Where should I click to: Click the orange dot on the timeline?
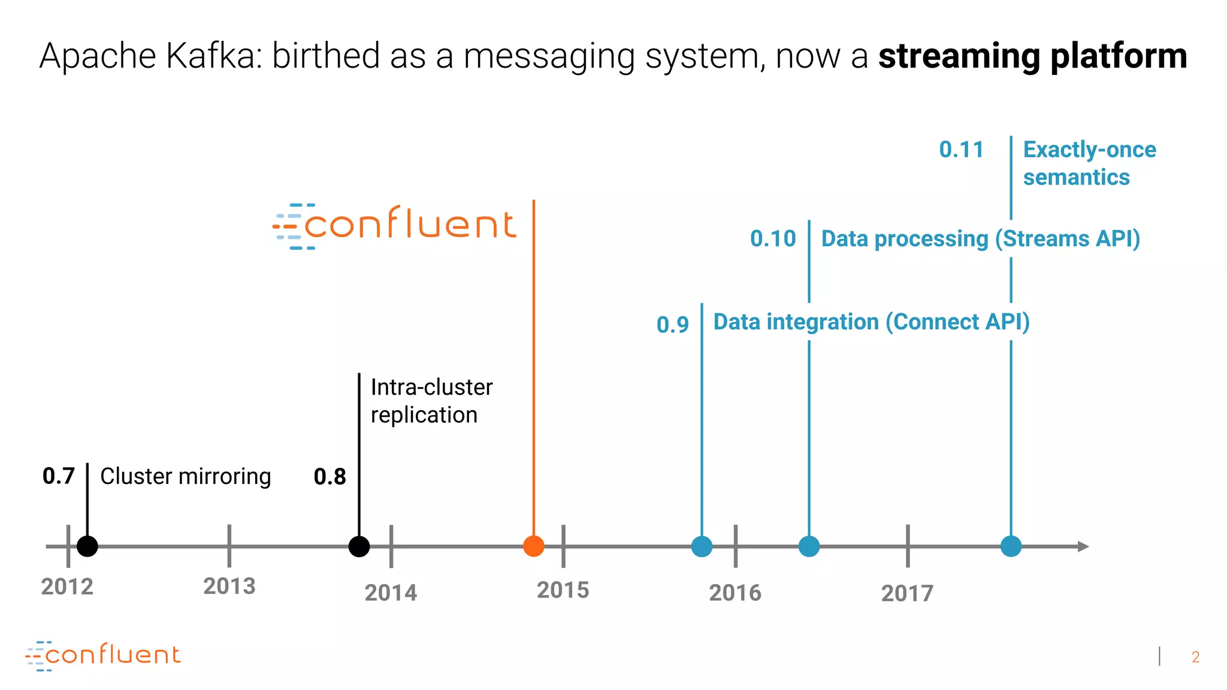(533, 546)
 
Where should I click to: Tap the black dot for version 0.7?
(87, 546)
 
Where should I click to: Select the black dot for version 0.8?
(359, 546)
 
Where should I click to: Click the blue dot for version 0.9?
(702, 546)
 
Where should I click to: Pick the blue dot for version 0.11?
(1011, 546)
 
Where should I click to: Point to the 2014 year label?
(391, 593)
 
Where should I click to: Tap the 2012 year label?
(67, 587)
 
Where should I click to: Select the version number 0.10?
(773, 239)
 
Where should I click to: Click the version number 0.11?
(961, 150)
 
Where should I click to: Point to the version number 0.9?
(673, 325)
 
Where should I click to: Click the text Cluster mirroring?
(185, 477)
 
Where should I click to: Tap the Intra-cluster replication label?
(431, 401)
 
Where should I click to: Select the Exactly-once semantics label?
(1089, 163)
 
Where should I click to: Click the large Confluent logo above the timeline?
(395, 226)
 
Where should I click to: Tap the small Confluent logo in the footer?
(103, 655)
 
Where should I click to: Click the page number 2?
(1195, 657)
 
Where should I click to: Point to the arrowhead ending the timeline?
(1083, 546)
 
